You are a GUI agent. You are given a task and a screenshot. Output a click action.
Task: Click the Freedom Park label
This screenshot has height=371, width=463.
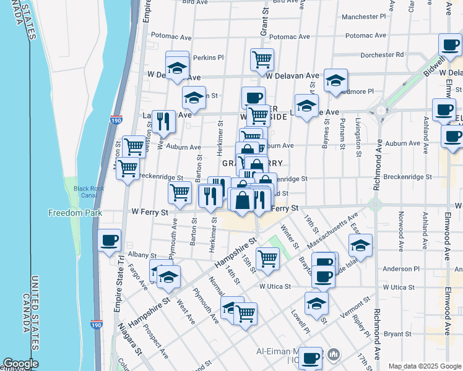[x=70, y=213]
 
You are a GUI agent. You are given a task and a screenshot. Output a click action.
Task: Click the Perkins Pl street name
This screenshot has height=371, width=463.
[x=208, y=58]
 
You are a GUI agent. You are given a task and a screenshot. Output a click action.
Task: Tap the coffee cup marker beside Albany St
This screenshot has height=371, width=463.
[x=110, y=241]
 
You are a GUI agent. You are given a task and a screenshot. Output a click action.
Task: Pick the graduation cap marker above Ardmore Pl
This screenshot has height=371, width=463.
[x=335, y=80]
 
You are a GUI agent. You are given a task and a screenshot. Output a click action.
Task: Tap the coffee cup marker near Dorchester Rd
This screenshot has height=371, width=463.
[x=450, y=44]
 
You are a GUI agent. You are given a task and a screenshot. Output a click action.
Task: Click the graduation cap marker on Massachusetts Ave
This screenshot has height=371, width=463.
[x=360, y=245]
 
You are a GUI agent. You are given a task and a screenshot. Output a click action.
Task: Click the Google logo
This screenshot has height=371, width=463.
[x=20, y=364]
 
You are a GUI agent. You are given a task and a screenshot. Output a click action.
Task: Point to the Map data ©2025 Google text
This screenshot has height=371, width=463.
[x=424, y=366]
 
